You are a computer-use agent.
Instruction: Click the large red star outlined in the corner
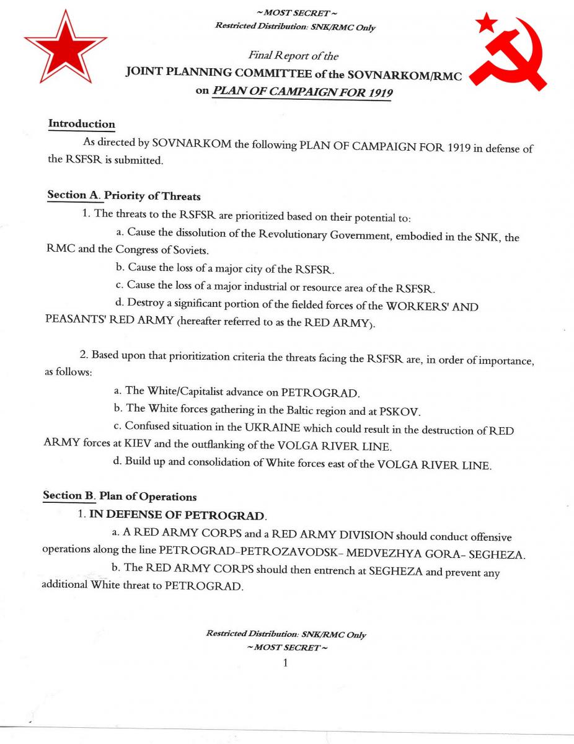64,49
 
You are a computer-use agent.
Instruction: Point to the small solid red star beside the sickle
486,23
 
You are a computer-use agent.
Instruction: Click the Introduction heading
82,123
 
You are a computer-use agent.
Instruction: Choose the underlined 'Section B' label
69,496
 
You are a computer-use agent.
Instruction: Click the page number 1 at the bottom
285,663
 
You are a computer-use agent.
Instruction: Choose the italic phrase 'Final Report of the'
293,56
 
